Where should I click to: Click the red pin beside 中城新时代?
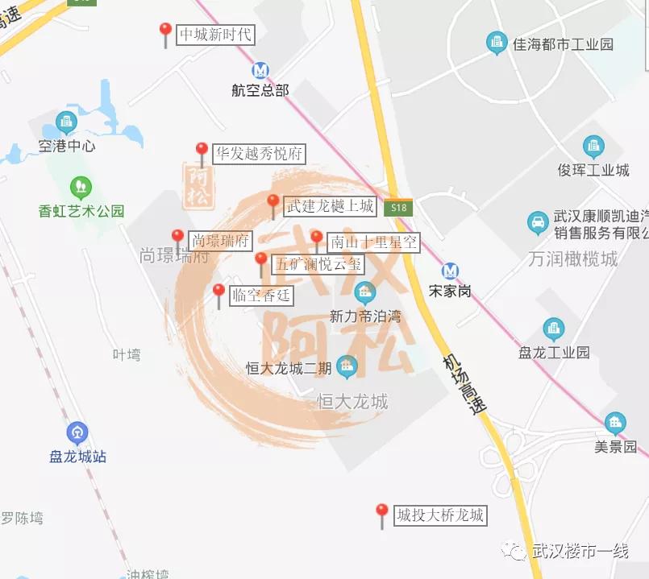point(165,32)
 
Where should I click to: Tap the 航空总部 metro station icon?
point(260,71)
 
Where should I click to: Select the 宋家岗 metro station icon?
point(450,271)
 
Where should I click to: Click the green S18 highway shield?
point(398,207)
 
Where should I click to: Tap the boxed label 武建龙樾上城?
point(331,206)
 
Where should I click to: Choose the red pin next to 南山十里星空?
point(317,239)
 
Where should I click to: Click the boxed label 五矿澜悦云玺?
point(319,263)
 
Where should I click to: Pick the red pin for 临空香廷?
point(218,292)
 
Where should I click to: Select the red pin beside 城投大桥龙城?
point(382,512)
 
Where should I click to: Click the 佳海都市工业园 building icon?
point(497,43)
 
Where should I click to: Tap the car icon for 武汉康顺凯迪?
point(537,222)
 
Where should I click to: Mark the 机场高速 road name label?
point(465,387)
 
